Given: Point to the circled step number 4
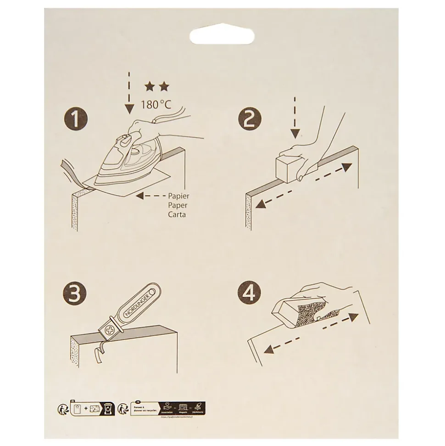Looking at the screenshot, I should (249, 294).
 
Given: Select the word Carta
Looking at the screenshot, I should (177, 215).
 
